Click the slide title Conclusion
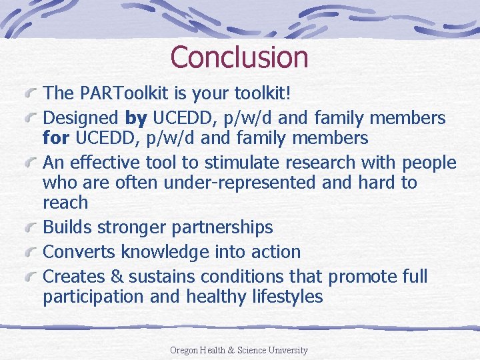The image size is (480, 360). pos(239,57)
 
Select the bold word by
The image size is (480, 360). pos(136,119)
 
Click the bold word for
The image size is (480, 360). pos(57,138)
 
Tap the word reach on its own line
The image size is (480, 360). pos(65,203)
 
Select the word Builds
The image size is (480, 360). pos(67,227)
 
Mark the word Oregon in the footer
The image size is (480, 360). pos(185,350)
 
